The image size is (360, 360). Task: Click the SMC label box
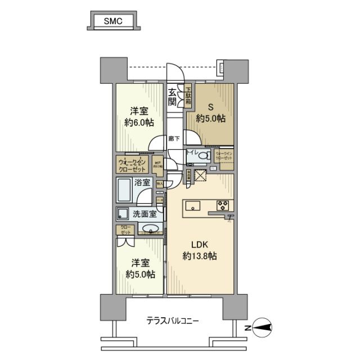113,21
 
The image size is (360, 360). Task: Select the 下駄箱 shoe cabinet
189,97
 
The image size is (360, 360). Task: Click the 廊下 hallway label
174,138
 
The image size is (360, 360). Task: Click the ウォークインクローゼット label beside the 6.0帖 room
132,166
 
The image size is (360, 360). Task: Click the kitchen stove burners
221,205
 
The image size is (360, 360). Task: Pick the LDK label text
200,245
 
